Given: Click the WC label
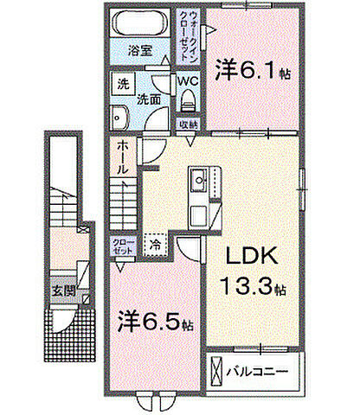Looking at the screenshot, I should point(188,82).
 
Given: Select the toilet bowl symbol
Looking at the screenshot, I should point(188,101).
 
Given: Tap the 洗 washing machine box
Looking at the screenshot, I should point(123,86).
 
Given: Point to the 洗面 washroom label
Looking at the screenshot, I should point(150,100).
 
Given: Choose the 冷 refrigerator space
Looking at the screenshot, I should point(157,244).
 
